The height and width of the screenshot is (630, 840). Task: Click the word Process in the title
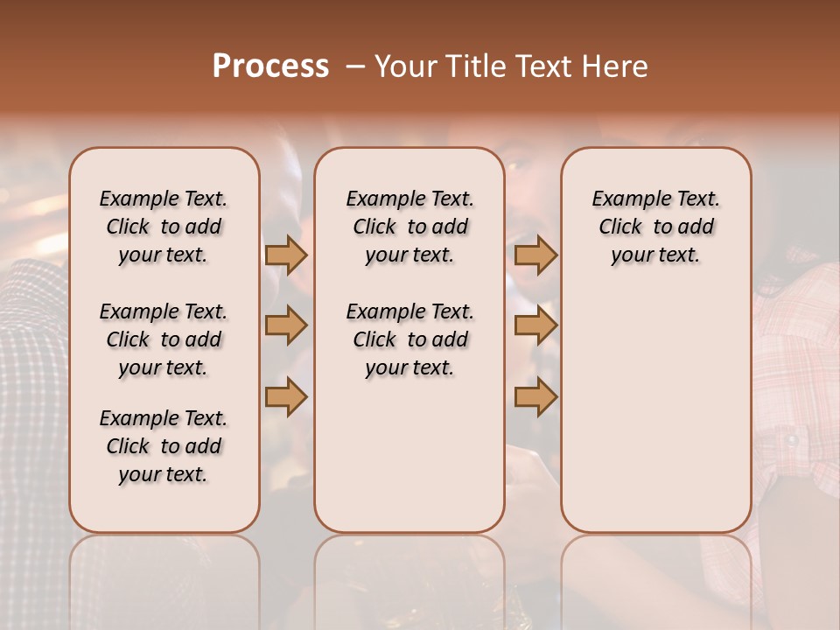(270, 66)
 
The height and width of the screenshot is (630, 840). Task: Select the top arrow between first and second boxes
(286, 255)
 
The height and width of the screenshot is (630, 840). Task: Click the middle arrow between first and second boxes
(286, 325)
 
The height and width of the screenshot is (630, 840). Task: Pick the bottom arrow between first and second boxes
(286, 397)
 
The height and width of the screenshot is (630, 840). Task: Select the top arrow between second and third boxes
(536, 255)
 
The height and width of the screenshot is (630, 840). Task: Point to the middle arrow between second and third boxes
(536, 325)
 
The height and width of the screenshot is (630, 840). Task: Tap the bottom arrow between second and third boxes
(536, 397)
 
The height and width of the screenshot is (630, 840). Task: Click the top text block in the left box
(164, 227)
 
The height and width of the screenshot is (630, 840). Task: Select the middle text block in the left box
(164, 339)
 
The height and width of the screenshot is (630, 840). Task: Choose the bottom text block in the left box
(164, 446)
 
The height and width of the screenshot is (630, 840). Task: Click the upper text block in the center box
(409, 227)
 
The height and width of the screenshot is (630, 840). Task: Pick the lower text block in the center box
(409, 339)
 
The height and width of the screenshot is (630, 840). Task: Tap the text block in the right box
(656, 227)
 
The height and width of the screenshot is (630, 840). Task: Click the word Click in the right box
(620, 227)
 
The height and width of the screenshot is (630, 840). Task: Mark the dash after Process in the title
(355, 66)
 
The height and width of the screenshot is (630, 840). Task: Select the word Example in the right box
(631, 199)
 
